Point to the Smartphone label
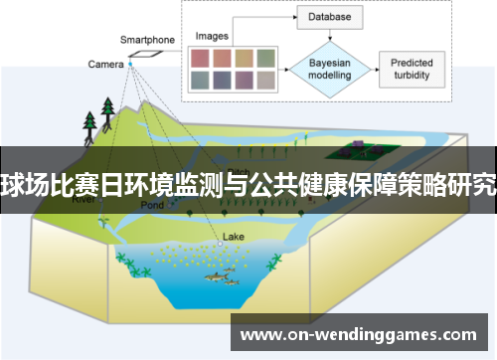(x=147, y=40)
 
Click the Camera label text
(x=105, y=64)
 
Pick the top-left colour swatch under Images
(x=200, y=56)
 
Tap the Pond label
(x=152, y=205)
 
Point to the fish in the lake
(x=224, y=275)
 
